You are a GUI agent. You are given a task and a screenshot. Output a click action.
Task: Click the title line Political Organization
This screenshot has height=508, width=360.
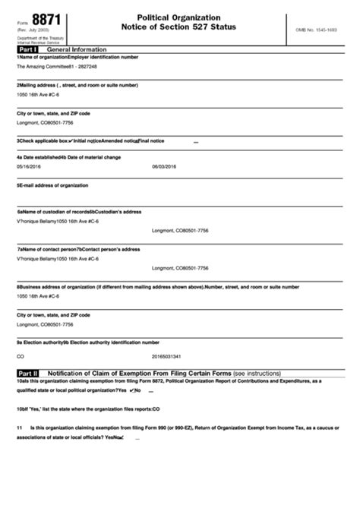click(179, 17)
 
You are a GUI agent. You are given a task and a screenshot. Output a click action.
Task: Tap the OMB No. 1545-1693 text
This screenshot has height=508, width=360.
click(317, 28)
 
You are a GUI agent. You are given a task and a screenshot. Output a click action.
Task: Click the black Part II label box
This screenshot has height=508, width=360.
click(29, 374)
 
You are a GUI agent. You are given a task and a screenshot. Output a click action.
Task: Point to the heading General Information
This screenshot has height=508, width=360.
click(81, 49)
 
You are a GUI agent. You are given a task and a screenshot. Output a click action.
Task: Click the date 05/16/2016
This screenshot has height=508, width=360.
click(30, 166)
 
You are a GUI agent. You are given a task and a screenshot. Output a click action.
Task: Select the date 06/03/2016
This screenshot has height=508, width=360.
click(164, 166)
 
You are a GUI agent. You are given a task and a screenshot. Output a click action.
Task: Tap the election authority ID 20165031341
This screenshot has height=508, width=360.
click(167, 355)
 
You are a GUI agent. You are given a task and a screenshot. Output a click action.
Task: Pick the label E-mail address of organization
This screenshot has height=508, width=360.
click(52, 185)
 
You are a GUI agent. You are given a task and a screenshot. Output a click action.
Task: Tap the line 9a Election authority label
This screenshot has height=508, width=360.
click(42, 342)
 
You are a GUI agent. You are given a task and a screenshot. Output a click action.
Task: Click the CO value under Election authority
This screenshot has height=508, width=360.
click(21, 355)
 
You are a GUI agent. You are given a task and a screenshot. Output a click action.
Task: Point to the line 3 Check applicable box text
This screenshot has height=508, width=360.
click(43, 140)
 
